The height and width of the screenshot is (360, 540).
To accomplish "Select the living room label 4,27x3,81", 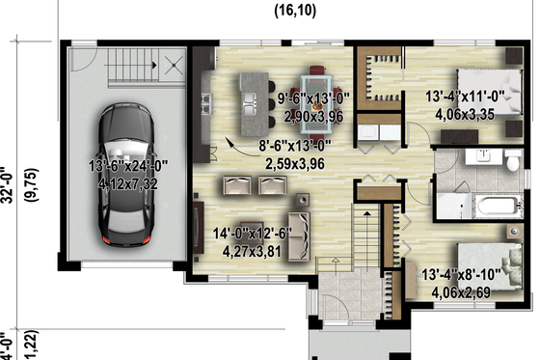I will coord(251,248).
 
